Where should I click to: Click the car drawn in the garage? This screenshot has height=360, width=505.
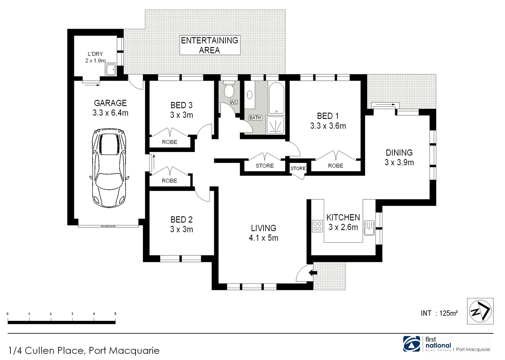pos(109,168)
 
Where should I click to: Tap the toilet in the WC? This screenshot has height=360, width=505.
pos(229,90)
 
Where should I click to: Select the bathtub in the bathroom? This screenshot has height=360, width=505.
pos(276,98)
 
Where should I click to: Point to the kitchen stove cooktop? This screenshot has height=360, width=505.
pos(317,226)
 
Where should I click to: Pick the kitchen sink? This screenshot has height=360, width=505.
pos(369,228)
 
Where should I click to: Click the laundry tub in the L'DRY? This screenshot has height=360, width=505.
pos(111,70)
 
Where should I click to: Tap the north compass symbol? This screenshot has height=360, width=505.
pos(480,311)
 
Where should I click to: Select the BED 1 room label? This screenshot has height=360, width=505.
pos(328,116)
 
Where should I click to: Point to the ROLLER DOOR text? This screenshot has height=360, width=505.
pos(108,226)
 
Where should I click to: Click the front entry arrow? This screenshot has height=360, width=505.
pos(312,273)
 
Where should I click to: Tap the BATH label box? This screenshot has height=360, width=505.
pos(255,118)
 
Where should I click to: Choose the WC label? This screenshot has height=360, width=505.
pos(234,102)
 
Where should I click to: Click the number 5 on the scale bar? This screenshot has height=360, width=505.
pos(115,314)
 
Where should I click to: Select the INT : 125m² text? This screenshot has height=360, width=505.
pos(439,313)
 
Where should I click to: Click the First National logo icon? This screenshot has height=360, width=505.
pos(412,344)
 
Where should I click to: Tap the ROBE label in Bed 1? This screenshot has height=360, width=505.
pos(335,166)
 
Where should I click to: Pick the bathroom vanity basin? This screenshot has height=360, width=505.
pos(250,95)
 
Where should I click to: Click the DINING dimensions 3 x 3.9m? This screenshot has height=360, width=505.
pos(399,163)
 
